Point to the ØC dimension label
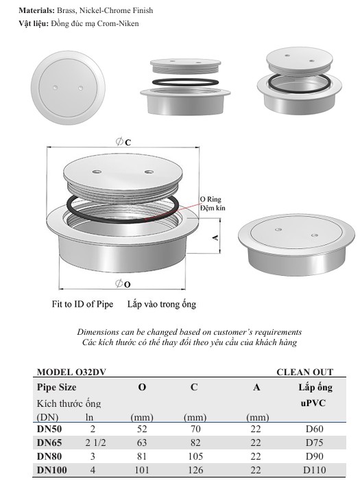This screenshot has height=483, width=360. [x=124, y=141]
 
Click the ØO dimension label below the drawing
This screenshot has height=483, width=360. [x=124, y=283]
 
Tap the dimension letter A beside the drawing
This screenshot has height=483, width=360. [x=215, y=237]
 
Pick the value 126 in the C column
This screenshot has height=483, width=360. [x=193, y=470]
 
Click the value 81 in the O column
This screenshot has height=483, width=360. [x=141, y=456]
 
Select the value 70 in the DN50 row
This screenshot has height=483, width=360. [x=193, y=429]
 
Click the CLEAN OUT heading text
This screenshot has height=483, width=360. [x=304, y=372]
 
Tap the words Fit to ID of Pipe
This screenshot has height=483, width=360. [x=81, y=303]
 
